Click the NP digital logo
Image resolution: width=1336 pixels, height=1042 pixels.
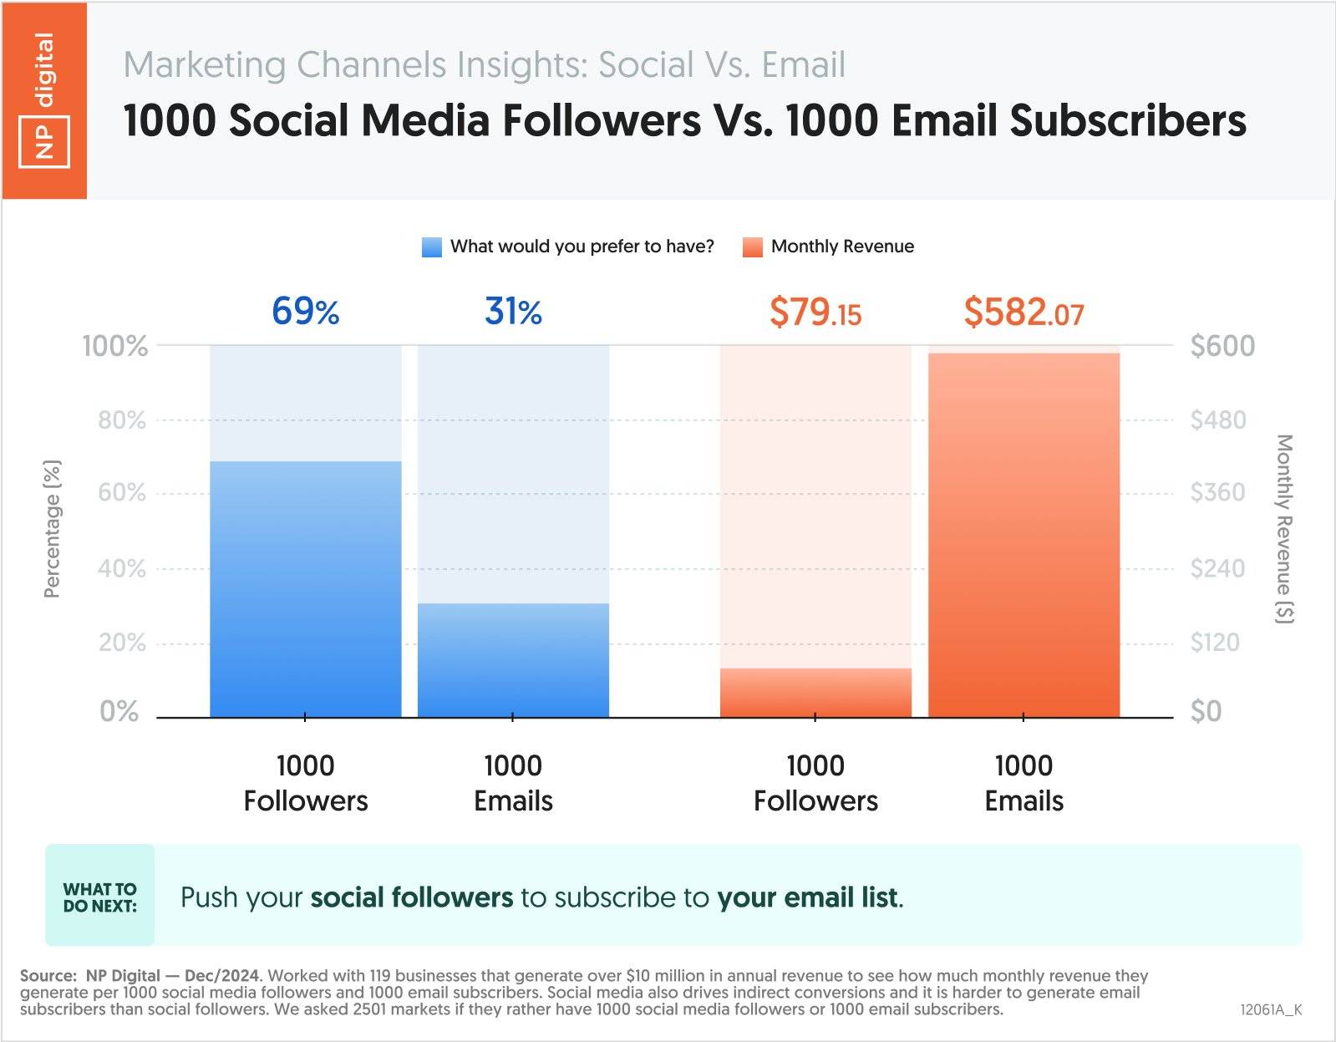(44, 100)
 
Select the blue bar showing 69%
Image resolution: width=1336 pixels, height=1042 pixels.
(305, 589)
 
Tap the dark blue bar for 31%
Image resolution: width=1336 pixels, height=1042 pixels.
(513, 660)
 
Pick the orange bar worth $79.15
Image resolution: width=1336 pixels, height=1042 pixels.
(815, 693)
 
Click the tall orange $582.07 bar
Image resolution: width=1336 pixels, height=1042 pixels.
(1024, 535)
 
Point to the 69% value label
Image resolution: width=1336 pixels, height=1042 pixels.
(305, 312)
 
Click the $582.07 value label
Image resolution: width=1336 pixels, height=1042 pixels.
(1024, 313)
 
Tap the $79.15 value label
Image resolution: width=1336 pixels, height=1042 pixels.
(815, 313)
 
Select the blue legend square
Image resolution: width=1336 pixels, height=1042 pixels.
(432, 247)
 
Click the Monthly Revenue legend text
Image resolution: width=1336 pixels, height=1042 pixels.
(842, 247)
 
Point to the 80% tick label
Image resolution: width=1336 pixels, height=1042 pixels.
(122, 419)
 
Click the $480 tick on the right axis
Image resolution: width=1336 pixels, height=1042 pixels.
(1217, 419)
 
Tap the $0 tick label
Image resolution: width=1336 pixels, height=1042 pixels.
(1206, 711)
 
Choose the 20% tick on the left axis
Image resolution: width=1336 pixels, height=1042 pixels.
(122, 643)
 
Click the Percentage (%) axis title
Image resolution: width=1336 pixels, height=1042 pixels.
(52, 529)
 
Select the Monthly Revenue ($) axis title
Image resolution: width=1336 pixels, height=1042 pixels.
(1284, 529)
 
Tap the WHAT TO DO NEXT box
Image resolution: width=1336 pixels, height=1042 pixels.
(100, 897)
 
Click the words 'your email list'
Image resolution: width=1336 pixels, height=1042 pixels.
(808, 897)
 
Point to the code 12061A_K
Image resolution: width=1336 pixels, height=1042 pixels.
(1271, 1009)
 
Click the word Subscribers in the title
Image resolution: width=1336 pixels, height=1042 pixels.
(1128, 120)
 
